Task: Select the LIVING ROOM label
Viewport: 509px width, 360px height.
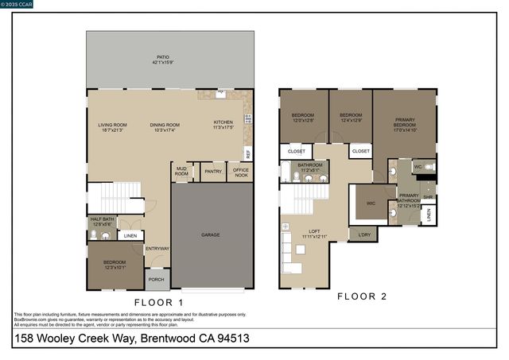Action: tap(113, 126)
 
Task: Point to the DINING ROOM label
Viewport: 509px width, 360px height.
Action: tap(165, 126)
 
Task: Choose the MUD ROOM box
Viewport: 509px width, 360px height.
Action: tap(181, 172)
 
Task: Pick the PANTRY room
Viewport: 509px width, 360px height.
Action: tap(212, 171)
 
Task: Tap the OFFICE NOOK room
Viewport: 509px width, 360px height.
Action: tap(240, 172)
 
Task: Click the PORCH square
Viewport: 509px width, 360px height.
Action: tap(156, 279)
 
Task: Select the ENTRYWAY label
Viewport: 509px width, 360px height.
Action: tap(157, 249)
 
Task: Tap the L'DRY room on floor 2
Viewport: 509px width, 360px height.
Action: tap(364, 234)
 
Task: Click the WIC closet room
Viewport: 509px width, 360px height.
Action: tap(371, 203)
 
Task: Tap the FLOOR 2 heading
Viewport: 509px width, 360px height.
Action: tap(362, 296)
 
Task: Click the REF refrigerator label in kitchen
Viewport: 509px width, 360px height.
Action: tap(248, 153)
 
